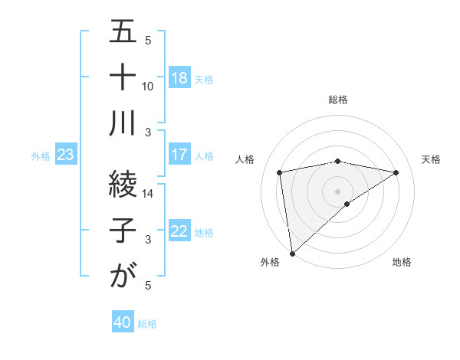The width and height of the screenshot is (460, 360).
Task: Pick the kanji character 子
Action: [x=123, y=231]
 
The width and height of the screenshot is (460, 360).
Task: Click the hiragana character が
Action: [x=123, y=277]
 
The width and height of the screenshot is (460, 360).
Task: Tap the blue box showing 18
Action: [x=179, y=78]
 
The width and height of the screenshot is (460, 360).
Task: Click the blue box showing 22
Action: [x=179, y=232]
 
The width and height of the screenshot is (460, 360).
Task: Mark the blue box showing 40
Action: [x=123, y=323]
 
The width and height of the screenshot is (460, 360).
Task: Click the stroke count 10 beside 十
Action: [x=148, y=86]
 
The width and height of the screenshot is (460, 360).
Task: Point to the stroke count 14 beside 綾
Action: [x=148, y=193]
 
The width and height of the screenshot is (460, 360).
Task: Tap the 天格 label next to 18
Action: [x=204, y=79]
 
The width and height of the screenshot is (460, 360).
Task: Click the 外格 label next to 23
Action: [x=41, y=156]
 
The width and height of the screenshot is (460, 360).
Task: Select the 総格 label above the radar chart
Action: [x=338, y=100]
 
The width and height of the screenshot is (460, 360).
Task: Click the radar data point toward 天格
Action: [x=396, y=172]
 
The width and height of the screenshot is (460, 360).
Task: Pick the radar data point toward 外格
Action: [x=292, y=253]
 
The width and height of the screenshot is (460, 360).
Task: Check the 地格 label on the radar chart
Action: [x=402, y=262]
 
